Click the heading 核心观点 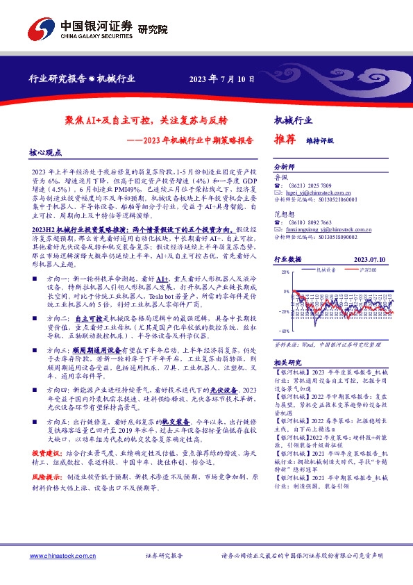45,151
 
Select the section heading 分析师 285,167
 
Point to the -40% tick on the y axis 284,331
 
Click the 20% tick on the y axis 286,273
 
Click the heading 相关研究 287,363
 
